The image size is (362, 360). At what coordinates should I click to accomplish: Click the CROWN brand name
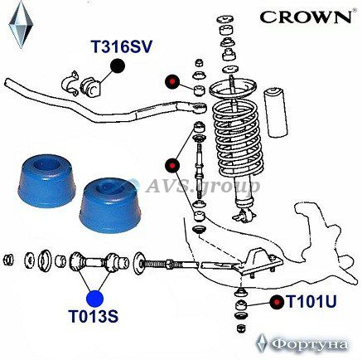306,17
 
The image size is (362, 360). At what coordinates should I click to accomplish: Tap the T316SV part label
122,46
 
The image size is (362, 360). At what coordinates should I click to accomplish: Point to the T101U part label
311,301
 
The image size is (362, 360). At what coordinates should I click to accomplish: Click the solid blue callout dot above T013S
94,299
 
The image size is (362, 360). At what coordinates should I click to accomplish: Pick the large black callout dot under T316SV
118,66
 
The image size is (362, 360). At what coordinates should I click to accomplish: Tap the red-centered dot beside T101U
277,303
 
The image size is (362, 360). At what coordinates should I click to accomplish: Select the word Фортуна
309,344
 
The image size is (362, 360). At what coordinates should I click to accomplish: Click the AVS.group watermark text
202,186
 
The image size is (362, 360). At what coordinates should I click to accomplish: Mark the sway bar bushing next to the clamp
90,86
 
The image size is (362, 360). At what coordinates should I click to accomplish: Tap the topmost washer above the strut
224,19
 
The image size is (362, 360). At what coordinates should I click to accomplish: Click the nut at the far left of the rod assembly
8,260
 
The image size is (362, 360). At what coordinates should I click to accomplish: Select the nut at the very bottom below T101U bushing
240,328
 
